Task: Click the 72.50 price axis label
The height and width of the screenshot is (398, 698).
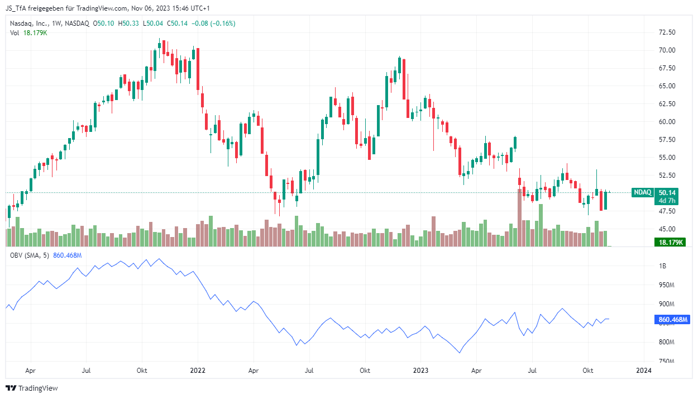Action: tap(667, 32)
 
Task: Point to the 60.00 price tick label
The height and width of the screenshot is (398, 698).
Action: tap(667, 122)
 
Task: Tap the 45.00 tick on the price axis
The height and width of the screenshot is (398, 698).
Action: tap(667, 229)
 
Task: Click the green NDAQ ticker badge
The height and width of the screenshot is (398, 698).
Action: tap(642, 192)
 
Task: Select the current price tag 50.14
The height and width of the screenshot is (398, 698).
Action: tap(667, 192)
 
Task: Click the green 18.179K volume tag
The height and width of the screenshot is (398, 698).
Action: tap(670, 242)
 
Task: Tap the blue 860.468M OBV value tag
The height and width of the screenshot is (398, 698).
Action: tap(672, 319)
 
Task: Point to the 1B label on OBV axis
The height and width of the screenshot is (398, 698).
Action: tap(662, 266)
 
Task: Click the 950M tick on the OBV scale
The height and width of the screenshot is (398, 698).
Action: tap(666, 285)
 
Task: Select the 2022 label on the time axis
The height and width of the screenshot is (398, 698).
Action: tap(198, 371)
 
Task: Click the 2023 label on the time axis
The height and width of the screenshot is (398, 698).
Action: tap(420, 371)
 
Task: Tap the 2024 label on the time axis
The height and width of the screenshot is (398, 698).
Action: tap(644, 371)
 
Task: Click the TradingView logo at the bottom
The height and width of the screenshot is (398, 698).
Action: tap(32, 388)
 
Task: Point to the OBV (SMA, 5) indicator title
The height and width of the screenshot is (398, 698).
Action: tap(30, 255)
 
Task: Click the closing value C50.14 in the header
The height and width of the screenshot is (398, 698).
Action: tap(178, 23)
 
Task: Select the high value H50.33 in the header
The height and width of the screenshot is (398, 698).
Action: tap(128, 23)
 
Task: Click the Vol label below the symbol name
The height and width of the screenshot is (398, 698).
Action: tap(15, 33)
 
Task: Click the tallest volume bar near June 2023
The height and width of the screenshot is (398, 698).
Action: tap(519, 217)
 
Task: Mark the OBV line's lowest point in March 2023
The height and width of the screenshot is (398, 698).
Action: tap(460, 353)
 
